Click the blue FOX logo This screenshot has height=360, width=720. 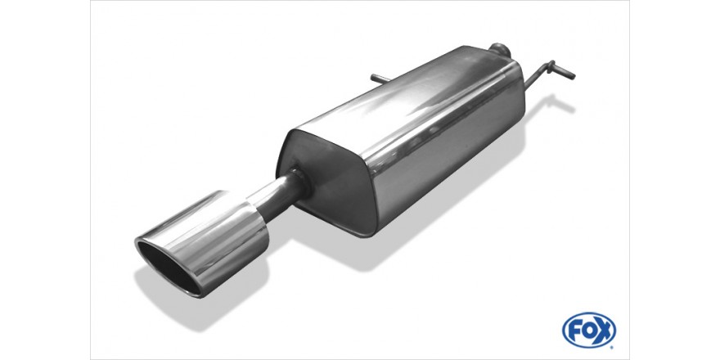589,330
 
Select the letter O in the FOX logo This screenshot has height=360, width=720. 589,330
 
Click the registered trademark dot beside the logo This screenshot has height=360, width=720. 611,345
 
